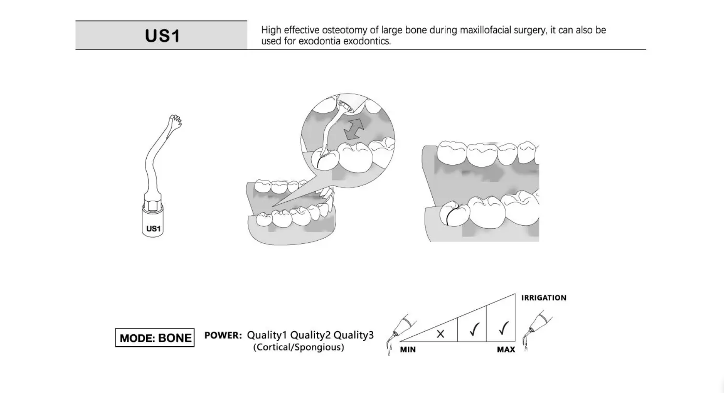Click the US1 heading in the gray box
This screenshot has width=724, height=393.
(x=162, y=36)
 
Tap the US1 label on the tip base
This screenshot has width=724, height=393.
(x=153, y=229)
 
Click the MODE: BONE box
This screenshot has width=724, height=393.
(x=155, y=338)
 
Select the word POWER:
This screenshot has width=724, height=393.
(x=223, y=335)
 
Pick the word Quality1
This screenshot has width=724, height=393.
(x=267, y=335)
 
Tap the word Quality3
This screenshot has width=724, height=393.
(x=353, y=335)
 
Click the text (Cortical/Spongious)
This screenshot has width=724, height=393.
(x=299, y=347)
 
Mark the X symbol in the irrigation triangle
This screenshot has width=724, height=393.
(x=440, y=334)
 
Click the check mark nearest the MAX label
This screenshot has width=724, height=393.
(x=503, y=329)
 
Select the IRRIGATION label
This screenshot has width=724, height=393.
(x=543, y=298)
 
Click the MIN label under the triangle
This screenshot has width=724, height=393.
(x=407, y=350)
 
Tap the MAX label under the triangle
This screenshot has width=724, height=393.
(x=506, y=350)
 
